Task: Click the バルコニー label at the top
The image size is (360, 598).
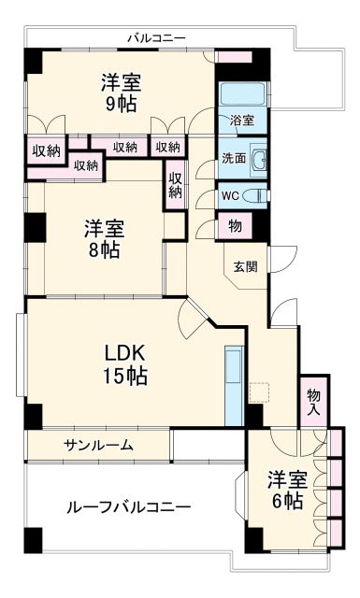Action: [x=157, y=37]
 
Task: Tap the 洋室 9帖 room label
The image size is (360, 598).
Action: [x=122, y=92]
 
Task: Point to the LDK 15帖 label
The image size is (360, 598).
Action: [x=124, y=363]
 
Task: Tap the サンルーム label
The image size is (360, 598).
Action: [x=98, y=445]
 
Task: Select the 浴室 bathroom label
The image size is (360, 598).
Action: [x=241, y=121]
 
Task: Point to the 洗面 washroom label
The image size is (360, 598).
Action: [x=234, y=158]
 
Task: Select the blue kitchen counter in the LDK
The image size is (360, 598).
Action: [x=234, y=383]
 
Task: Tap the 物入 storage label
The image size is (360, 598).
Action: [x=313, y=402]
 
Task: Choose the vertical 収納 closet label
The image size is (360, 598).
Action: [x=176, y=185]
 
